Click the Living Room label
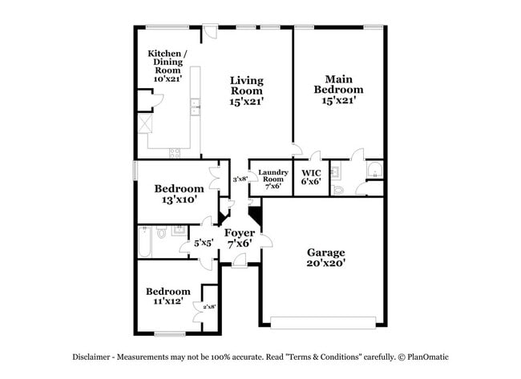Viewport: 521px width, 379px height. click(246, 91)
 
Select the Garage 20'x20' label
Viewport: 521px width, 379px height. click(325, 257)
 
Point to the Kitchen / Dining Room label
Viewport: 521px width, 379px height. click(167, 67)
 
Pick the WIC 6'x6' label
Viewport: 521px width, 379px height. click(311, 176)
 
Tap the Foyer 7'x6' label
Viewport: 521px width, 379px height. click(240, 238)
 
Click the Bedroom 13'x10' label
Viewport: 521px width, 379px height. click(179, 194)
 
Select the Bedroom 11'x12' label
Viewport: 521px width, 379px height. click(168, 296)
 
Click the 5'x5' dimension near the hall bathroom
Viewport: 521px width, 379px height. click(203, 242)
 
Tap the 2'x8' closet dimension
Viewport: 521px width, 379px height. click(209, 306)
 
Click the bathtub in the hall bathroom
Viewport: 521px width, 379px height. click(144, 243)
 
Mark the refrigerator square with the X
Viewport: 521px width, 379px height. click(145, 123)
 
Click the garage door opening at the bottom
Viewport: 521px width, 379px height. click(322, 323)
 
